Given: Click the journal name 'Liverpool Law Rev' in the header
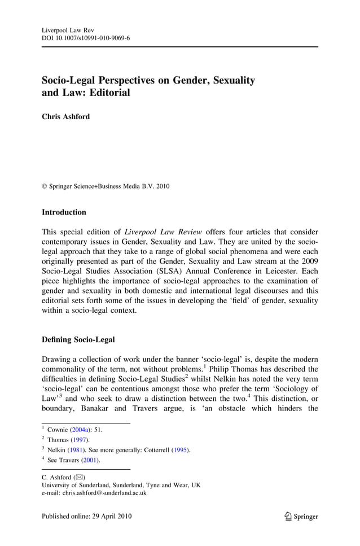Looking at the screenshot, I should pyautogui.click(x=68, y=29).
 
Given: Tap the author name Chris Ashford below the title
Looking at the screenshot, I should pyautogui.click(x=65, y=117).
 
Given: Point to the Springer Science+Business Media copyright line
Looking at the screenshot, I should pyautogui.click(x=106, y=186).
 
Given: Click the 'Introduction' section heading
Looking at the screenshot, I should pyautogui.click(x=64, y=212).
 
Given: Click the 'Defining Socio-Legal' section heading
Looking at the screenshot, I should pyautogui.click(x=78, y=339).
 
